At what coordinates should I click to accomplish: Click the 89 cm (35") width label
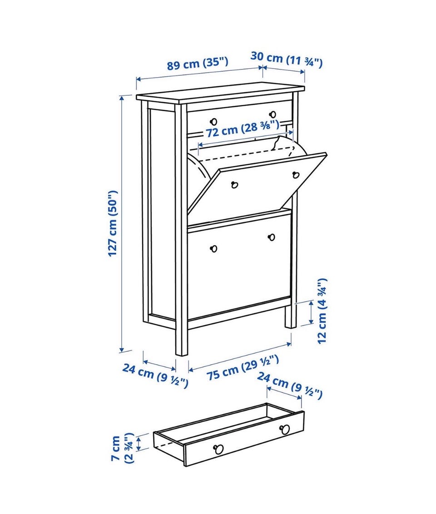pos(198,63)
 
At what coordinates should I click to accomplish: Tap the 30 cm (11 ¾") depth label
pos(287,59)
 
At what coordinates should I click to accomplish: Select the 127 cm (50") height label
pos(113,223)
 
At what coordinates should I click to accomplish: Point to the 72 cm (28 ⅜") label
pos(243,128)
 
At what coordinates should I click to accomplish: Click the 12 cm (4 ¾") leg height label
pos(322,311)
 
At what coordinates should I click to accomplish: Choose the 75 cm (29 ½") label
pos(243,368)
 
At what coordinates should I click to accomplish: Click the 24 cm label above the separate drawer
pos(289,385)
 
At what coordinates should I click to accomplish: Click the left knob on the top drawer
pos(214,122)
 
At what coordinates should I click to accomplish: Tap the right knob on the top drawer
pos(272,114)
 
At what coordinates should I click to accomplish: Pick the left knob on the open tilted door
pos(234,185)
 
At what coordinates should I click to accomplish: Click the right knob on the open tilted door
pos(296,175)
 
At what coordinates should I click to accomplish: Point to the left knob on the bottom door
pos(214,249)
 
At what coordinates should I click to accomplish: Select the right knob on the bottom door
pos(272,237)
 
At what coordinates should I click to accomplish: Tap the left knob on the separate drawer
pos(218,449)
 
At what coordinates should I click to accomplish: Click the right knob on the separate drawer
pos(285,430)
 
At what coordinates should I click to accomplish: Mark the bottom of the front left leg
pos(181,355)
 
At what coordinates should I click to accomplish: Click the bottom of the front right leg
pos(291,326)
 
